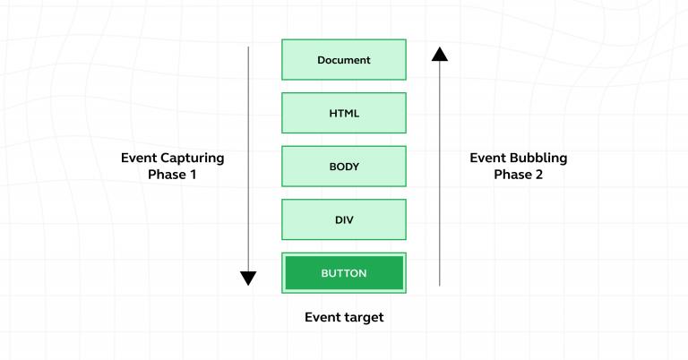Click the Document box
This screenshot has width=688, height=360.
click(x=344, y=60)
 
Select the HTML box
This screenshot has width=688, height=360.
click(x=344, y=113)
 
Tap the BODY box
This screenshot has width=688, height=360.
click(x=344, y=167)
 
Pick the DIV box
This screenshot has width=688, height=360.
click(x=344, y=219)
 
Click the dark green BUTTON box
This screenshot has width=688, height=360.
click(x=344, y=273)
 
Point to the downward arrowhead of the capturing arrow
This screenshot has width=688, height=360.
click(x=248, y=278)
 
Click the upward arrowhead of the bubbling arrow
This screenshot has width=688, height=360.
click(x=439, y=54)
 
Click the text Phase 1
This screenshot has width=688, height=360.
click(x=172, y=176)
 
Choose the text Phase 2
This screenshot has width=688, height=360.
click(x=518, y=176)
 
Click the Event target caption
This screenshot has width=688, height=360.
click(x=344, y=317)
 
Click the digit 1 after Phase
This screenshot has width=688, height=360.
click(x=193, y=176)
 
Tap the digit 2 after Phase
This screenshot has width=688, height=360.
click(x=538, y=176)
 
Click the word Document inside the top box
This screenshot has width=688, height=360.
click(x=344, y=60)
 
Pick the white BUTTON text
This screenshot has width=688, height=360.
click(x=344, y=273)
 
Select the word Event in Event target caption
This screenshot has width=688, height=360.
click(x=322, y=317)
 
